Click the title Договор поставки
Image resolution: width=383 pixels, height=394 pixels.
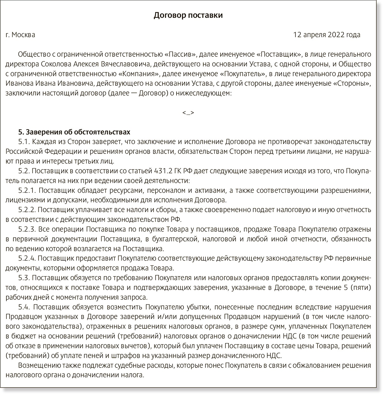pos(188,15)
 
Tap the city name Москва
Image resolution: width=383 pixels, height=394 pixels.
pos(23,35)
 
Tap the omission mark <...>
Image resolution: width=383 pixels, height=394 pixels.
pos(188,113)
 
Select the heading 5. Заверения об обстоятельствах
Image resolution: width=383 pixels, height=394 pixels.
pos(74,132)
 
